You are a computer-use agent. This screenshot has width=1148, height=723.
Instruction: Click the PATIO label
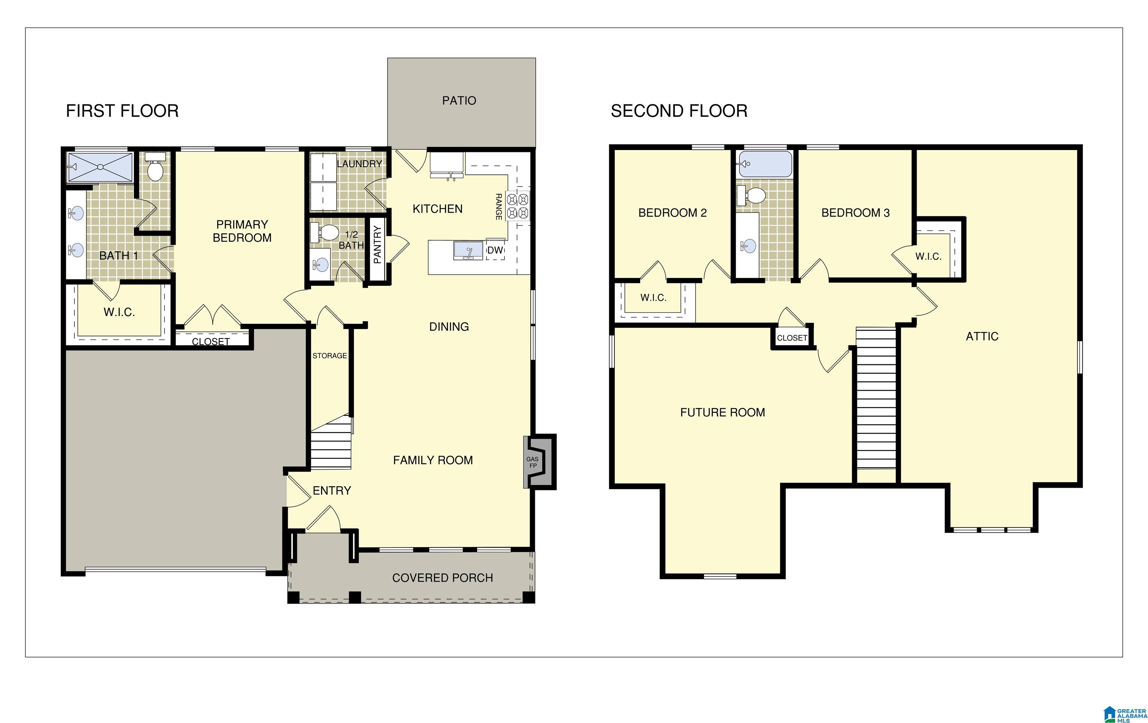click(459, 101)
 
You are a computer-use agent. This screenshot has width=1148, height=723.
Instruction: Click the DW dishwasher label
click(496, 250)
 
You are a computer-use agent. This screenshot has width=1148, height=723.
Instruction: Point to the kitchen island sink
click(468, 250)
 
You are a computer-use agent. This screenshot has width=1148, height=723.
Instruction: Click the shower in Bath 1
click(100, 167)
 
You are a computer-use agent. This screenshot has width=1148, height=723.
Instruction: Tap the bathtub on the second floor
click(764, 164)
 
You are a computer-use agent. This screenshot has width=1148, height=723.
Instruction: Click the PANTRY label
click(377, 245)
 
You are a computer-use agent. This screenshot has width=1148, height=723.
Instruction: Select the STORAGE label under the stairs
click(330, 356)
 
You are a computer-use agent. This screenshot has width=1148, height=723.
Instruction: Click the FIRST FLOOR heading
click(122, 111)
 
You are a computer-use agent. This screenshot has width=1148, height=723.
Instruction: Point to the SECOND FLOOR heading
click(679, 111)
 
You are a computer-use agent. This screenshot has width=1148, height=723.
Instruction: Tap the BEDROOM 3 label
click(855, 213)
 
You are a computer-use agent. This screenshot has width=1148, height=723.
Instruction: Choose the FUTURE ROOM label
click(722, 412)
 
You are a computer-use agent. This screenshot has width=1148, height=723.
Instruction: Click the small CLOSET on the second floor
click(792, 337)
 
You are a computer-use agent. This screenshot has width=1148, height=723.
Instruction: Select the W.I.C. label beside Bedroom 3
click(928, 256)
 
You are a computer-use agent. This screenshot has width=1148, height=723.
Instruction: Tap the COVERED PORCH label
click(442, 578)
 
